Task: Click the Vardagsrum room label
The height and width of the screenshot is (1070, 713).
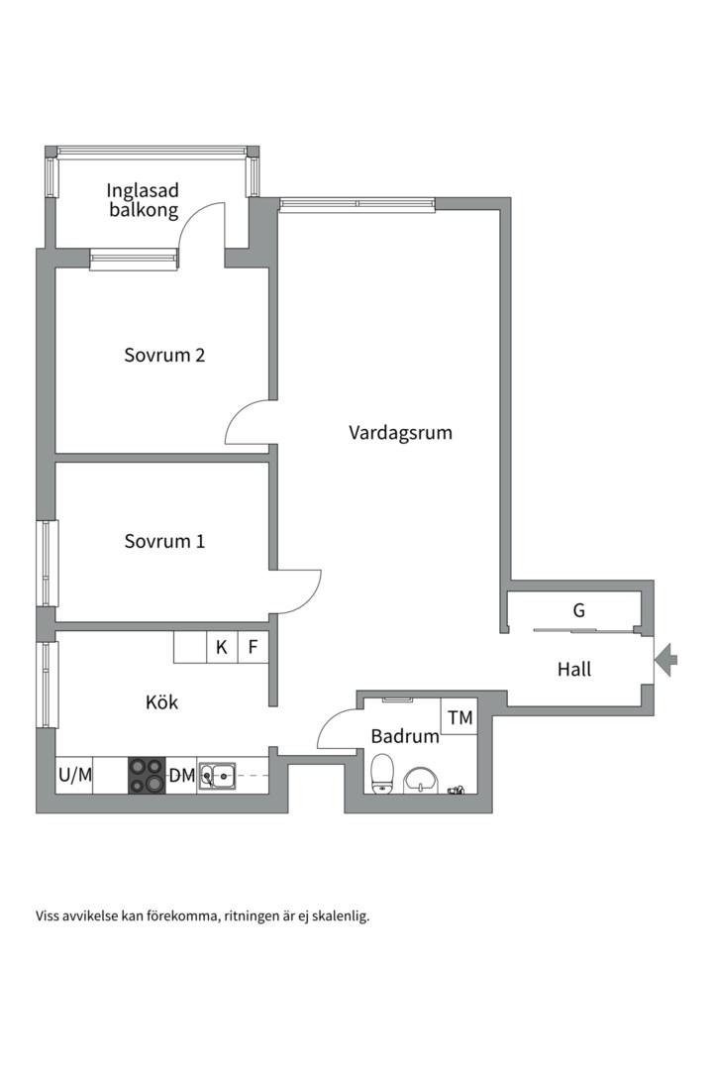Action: point(400,433)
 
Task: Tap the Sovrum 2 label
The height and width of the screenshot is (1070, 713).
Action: point(164,355)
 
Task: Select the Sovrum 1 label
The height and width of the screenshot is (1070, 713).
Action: point(164,542)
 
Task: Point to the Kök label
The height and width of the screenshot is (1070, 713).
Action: point(161,702)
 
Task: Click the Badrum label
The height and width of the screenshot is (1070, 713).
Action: point(405,736)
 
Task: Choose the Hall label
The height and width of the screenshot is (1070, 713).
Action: point(574,670)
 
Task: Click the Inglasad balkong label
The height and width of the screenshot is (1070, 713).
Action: point(144,199)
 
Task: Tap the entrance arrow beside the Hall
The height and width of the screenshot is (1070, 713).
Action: point(666,658)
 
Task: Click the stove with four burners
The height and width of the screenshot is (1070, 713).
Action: point(147,775)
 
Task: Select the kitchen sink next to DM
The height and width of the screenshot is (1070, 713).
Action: point(217,775)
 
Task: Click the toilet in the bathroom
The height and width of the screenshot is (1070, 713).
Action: point(382,773)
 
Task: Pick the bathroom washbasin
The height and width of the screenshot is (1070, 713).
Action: point(423,780)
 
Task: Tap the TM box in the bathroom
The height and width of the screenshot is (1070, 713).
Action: point(460,717)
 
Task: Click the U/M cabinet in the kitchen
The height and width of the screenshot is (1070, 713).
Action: point(74,776)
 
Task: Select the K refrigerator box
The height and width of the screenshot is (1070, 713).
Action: point(222,648)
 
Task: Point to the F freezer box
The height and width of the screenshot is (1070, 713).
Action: point(254,648)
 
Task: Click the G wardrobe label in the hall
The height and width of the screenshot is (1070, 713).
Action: point(579,610)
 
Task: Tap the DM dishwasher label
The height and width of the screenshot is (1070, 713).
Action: point(181,776)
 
